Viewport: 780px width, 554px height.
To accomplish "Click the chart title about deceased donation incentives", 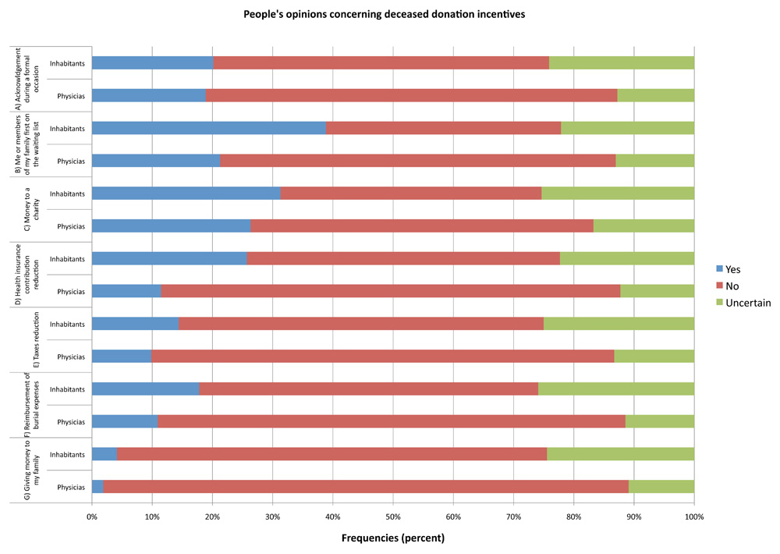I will click(390, 14).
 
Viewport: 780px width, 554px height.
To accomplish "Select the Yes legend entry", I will click(732, 268).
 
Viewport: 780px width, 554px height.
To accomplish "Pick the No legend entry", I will click(731, 286).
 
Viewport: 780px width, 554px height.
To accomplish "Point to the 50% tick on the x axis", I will click(393, 517).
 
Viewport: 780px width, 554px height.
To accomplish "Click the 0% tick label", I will click(92, 517).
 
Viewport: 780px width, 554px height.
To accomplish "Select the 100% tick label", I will click(693, 517).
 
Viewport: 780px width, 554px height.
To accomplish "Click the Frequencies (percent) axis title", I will click(392, 538).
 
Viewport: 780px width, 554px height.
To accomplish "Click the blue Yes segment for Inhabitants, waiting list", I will click(209, 128).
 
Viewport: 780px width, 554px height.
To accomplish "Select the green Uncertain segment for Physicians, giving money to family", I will click(661, 487).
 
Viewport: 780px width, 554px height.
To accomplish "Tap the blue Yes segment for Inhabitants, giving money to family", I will click(105, 454).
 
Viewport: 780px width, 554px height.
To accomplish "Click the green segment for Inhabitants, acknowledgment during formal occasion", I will click(622, 63).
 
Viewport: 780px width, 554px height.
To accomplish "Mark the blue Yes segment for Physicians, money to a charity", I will click(172, 226).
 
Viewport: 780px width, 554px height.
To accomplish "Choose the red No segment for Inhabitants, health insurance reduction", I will click(403, 258).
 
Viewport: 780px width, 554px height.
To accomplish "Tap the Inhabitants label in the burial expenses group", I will click(68, 389).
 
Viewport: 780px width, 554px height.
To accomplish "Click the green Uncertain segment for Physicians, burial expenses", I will click(660, 421).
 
